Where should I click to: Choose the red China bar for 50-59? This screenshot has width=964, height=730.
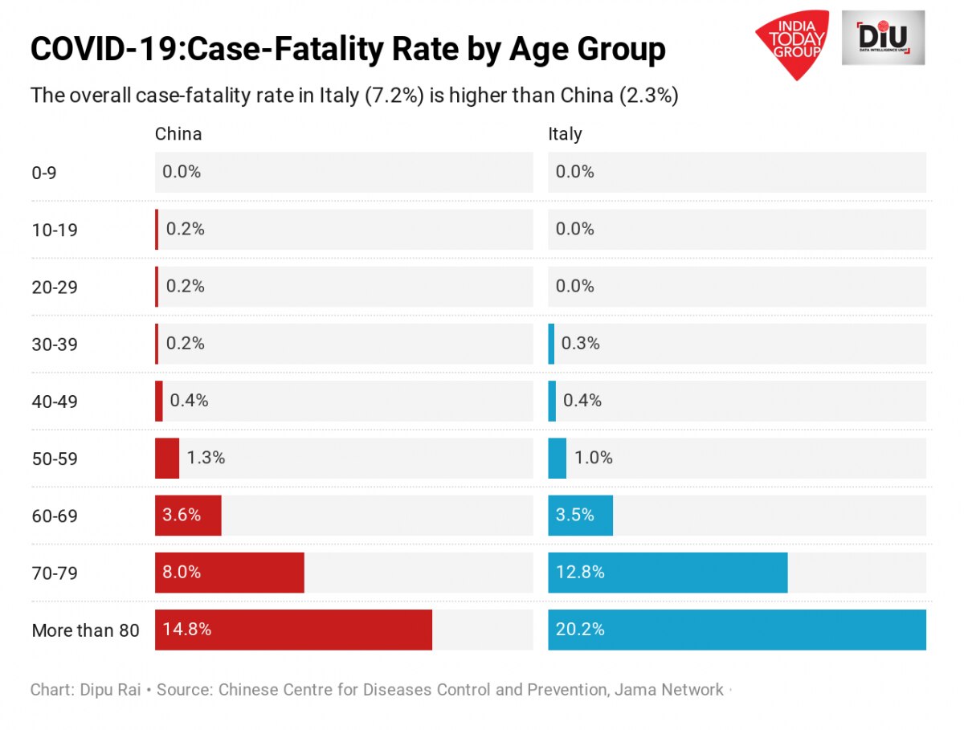pyautogui.click(x=167, y=459)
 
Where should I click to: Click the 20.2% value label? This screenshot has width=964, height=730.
pyautogui.click(x=580, y=630)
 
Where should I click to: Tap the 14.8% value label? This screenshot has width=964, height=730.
pyautogui.click(x=187, y=630)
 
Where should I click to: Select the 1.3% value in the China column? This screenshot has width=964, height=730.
pyautogui.click(x=206, y=459)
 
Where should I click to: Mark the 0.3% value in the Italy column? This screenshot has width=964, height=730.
pyautogui.click(x=580, y=344)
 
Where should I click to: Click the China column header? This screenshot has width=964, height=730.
pyautogui.click(x=178, y=134)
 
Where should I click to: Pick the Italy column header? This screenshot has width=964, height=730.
pyautogui.click(x=565, y=134)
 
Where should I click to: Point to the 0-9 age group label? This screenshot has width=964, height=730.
pyautogui.click(x=44, y=173)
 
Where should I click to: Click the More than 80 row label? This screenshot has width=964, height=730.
pyautogui.click(x=85, y=630)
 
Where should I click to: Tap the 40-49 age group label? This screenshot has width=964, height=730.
pyautogui.click(x=55, y=402)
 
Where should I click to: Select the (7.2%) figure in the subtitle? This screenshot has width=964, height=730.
pyautogui.click(x=394, y=96)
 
